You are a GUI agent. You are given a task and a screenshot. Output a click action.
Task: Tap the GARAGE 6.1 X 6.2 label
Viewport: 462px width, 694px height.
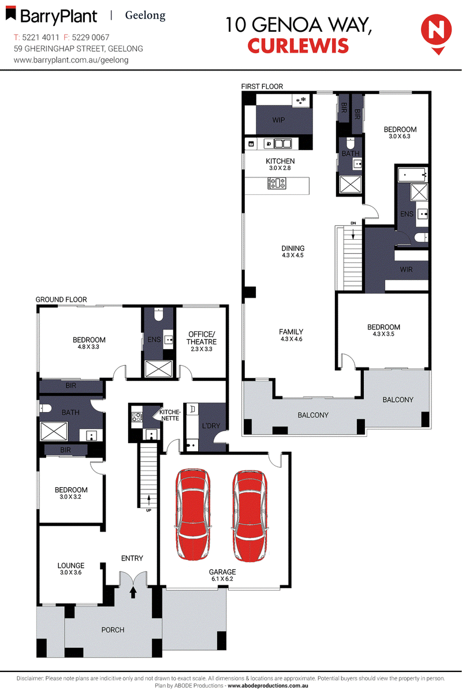222,574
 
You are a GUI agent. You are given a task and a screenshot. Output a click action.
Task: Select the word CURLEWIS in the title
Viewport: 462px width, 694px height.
298,45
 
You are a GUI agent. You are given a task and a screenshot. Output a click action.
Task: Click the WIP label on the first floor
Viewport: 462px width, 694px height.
278,121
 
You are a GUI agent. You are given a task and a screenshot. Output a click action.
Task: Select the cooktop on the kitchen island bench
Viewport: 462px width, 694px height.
277,184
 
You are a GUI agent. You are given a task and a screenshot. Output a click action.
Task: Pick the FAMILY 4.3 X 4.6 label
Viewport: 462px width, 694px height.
291,335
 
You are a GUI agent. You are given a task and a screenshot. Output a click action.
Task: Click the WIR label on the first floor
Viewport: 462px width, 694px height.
406,270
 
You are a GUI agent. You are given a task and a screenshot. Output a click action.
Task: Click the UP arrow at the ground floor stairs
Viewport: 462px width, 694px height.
148,500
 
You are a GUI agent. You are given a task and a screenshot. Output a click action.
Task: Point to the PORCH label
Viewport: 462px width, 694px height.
113,629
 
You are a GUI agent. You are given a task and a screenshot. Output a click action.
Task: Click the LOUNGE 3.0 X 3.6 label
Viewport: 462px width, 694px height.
71,569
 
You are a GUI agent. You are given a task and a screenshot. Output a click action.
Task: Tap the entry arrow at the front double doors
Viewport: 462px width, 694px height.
133,592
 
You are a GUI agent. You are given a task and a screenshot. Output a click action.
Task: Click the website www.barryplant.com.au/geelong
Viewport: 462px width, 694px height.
70,60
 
